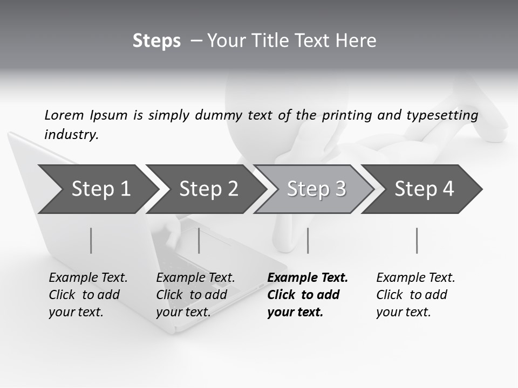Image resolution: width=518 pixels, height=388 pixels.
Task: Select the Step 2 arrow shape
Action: pyautogui.click(x=208, y=189)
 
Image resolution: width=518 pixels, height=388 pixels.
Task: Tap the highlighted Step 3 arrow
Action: pyautogui.click(x=316, y=189)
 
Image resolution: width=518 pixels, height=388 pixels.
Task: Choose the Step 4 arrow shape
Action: pyautogui.click(x=424, y=189)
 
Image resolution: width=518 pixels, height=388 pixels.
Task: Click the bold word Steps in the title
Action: pyautogui.click(x=156, y=41)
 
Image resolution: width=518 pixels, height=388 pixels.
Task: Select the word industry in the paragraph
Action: pyautogui.click(x=71, y=135)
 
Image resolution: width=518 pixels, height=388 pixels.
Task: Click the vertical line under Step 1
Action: pyautogui.click(x=91, y=240)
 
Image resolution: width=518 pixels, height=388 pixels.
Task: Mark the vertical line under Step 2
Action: pyautogui.click(x=199, y=240)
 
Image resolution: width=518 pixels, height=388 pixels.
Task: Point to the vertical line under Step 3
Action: pyautogui.click(x=308, y=240)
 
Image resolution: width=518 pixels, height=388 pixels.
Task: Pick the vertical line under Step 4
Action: pyautogui.click(x=417, y=240)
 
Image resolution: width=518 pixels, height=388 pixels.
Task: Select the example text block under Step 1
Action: pyautogui.click(x=87, y=295)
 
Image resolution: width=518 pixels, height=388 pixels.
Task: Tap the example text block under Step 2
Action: pyautogui.click(x=195, y=295)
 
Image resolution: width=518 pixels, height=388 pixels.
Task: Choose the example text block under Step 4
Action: pyautogui.click(x=415, y=295)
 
